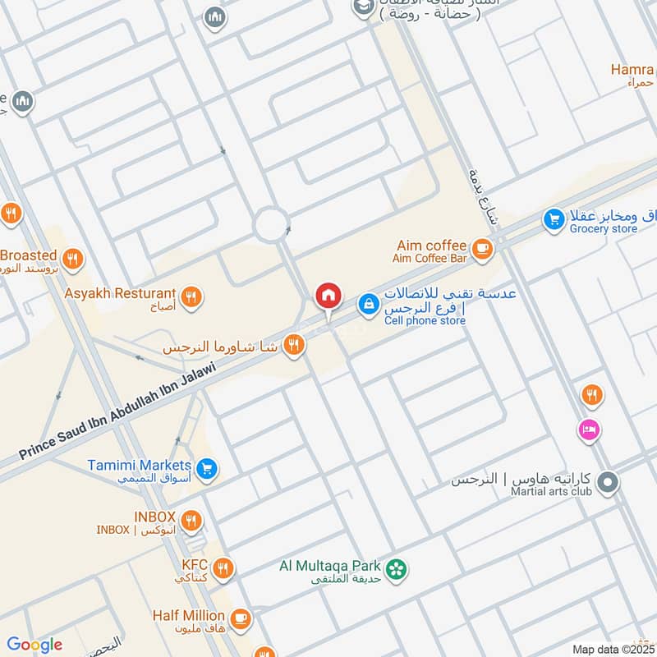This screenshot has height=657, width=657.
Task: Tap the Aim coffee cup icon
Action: pyautogui.click(x=482, y=247)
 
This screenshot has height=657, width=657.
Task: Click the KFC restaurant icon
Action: pyautogui.click(x=222, y=567)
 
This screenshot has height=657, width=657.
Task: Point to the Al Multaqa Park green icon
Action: pyautogui.click(x=397, y=568)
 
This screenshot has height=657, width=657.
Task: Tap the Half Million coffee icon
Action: pyautogui.click(x=240, y=618)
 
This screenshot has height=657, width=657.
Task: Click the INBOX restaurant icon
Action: pyautogui.click(x=191, y=519)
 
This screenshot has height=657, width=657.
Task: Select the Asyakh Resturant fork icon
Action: pyautogui.click(x=191, y=296)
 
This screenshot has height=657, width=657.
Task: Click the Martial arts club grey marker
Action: pyautogui.click(x=608, y=483)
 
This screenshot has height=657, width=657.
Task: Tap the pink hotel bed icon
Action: pyautogui.click(x=589, y=429)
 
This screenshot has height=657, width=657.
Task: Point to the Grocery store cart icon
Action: pyautogui.click(x=554, y=219)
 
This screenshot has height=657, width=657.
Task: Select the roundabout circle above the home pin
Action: pyautogui.click(x=271, y=223)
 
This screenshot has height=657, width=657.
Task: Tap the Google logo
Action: pyautogui.click(x=34, y=645)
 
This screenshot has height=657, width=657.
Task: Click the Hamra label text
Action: pyautogui.click(x=632, y=70)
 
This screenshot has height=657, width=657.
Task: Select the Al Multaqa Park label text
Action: pyautogui.click(x=330, y=566)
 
